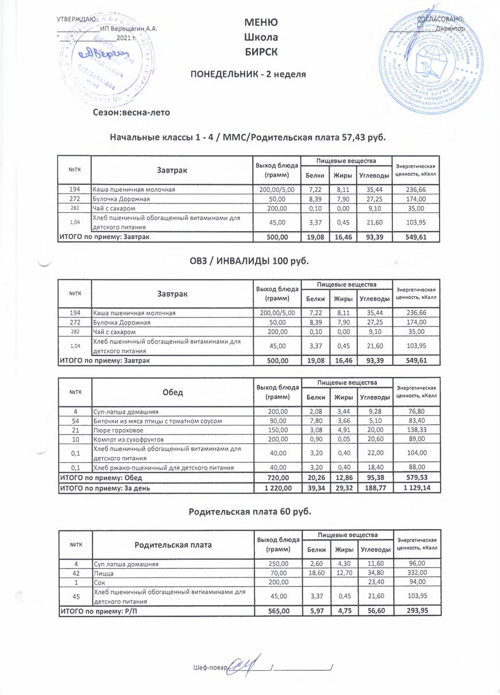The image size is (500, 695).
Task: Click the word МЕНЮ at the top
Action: click(261, 22)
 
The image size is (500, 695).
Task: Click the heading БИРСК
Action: click(261, 51)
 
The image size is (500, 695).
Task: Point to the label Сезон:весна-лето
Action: click(132, 112)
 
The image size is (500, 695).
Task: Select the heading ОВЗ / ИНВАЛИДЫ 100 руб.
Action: click(249, 261)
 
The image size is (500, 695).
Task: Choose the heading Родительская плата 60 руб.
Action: click(249, 511)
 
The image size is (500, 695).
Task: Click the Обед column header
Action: click(173, 392)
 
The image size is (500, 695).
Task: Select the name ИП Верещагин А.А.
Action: click(128, 28)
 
